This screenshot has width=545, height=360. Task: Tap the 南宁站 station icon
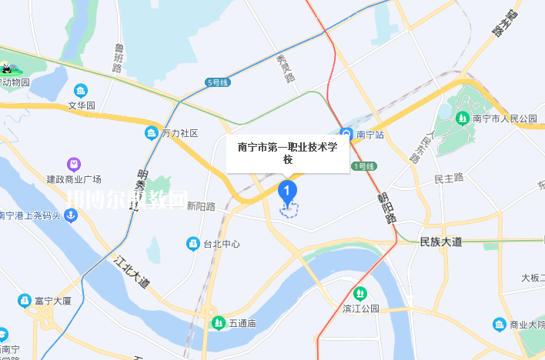point(347,135)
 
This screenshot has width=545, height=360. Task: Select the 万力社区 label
point(180,133)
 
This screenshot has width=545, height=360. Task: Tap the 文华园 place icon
point(81,91)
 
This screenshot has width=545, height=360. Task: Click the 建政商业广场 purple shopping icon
point(73,164)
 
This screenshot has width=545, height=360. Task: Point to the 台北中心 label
point(221,245)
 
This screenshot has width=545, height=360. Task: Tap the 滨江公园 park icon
point(359,293)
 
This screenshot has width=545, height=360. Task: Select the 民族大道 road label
point(441,242)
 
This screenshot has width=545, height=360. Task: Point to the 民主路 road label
point(449,178)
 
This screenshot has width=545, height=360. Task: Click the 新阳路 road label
point(202,206)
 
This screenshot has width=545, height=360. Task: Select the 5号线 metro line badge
point(219,82)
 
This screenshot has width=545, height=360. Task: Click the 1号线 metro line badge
point(363,166)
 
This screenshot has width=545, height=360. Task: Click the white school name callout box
point(288,152)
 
